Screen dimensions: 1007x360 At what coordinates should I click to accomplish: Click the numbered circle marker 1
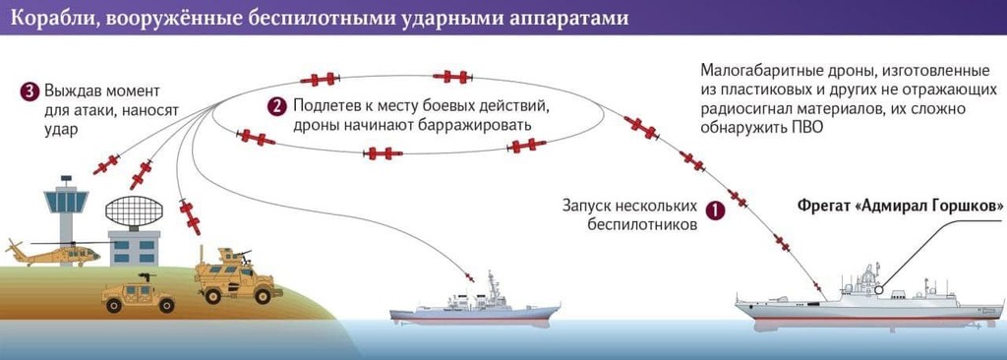click(x=715, y=210)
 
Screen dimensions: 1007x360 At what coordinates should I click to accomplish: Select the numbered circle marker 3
click(x=29, y=91)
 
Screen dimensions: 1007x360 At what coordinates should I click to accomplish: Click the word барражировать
click(x=477, y=125)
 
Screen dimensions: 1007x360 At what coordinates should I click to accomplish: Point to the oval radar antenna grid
click(x=134, y=210)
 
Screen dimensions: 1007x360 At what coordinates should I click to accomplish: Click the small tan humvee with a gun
click(x=138, y=294)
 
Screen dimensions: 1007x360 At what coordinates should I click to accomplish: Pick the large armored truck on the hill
click(x=238, y=276)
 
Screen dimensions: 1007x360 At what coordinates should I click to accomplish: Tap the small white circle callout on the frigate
click(x=878, y=289)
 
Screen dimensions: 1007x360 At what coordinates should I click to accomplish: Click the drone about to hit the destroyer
click(x=469, y=276)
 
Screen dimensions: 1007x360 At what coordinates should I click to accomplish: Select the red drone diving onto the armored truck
click(x=190, y=216)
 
